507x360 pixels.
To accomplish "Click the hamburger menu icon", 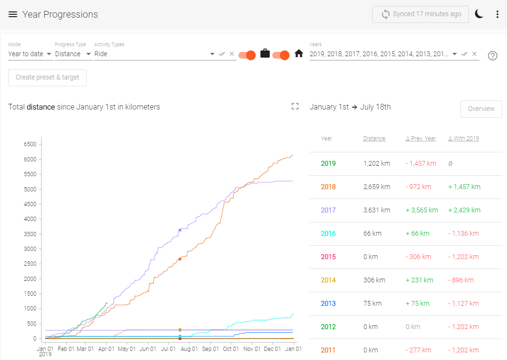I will point(13,14).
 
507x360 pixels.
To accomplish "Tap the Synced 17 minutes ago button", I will point(420,14).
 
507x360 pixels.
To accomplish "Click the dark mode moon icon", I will point(479,14).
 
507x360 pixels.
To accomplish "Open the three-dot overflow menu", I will point(497,14).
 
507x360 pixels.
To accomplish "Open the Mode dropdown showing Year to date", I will point(30,54).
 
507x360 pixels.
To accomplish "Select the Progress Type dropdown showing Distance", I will point(73,54).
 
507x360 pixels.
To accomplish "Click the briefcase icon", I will point(265,54).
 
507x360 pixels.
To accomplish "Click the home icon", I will point(299,54).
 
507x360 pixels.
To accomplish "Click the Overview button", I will point(481,109).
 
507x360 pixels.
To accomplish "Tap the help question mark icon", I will point(493,56).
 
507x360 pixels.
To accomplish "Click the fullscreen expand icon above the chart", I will point(295,107).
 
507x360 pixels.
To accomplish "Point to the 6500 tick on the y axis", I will point(30,144).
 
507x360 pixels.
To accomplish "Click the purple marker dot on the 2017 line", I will point(180,230).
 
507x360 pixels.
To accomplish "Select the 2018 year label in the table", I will point(328,187).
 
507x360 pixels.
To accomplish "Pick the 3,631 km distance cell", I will point(377,210).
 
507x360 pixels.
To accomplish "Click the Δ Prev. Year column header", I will point(421,139).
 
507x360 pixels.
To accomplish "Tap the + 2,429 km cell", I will point(464,210).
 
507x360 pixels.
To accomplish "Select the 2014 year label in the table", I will point(328,280).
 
